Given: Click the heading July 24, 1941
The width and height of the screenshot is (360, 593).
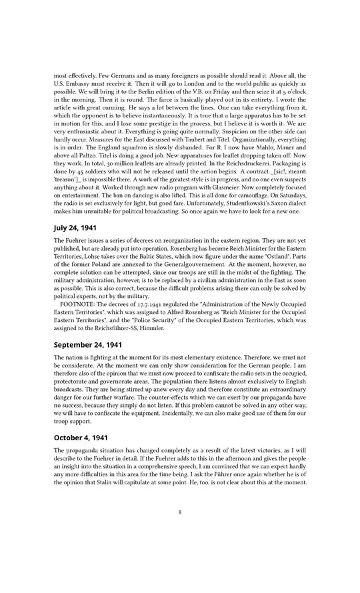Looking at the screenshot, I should pos(76,227).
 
